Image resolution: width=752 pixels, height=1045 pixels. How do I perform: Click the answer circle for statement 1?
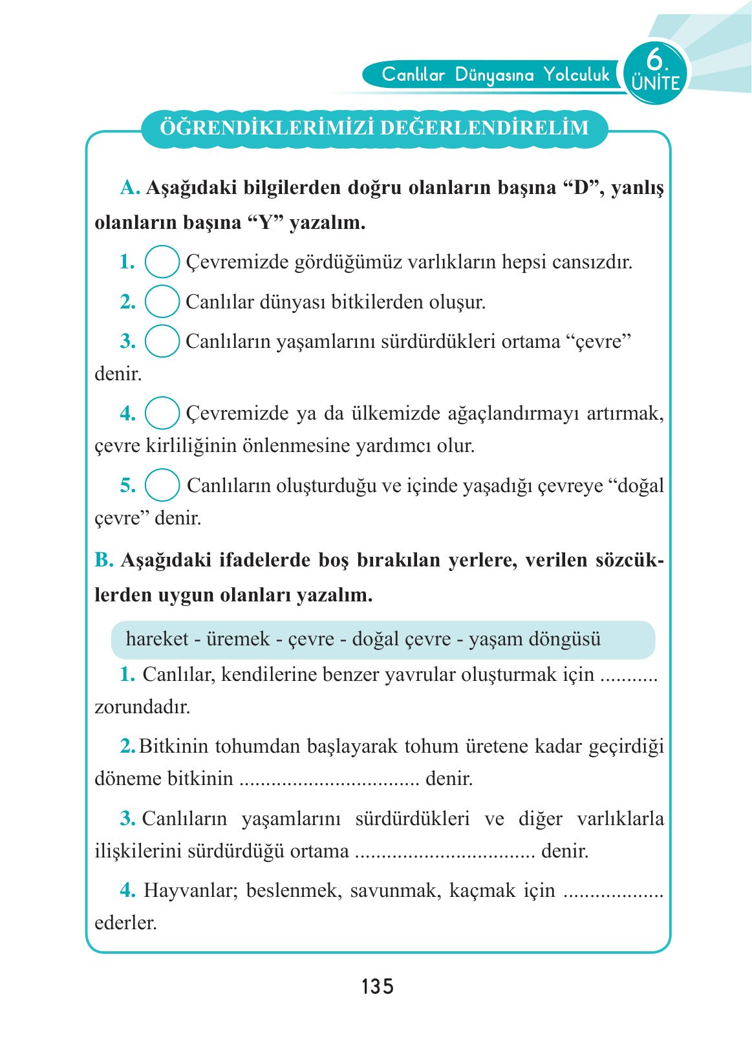pyautogui.click(x=162, y=262)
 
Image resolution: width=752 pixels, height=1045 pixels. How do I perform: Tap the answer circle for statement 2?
pyautogui.click(x=162, y=301)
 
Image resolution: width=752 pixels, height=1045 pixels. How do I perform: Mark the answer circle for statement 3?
pyautogui.click(x=162, y=341)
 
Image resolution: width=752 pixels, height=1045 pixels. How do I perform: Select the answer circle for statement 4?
pyautogui.click(x=162, y=413)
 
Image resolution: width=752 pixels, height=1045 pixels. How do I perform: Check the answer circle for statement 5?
pyautogui.click(x=162, y=485)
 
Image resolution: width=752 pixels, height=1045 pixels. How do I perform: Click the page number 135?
pyautogui.click(x=378, y=987)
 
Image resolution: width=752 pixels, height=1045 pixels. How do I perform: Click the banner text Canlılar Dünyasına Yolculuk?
pyautogui.click(x=495, y=75)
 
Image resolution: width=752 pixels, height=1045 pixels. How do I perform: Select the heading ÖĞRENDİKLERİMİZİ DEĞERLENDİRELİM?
pyautogui.click(x=374, y=128)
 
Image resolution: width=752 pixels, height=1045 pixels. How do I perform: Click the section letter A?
pyautogui.click(x=130, y=188)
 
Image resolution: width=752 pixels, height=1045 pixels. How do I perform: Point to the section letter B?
pyautogui.click(x=103, y=560)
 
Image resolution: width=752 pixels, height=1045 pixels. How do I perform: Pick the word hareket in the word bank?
pyautogui.click(x=157, y=639)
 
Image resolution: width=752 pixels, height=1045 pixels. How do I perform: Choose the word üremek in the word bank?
pyautogui.click(x=238, y=639)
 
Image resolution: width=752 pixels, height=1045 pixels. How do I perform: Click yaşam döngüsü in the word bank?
pyautogui.click(x=535, y=639)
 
